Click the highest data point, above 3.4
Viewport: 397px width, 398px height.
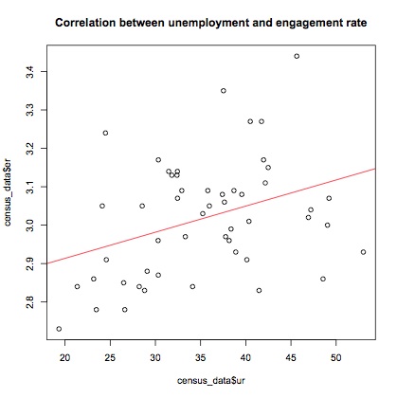tap(297, 56)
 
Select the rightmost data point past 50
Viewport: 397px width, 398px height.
tap(364, 252)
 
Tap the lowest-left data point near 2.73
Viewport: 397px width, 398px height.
tap(59, 329)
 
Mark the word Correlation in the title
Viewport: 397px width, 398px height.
tap(91, 20)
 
